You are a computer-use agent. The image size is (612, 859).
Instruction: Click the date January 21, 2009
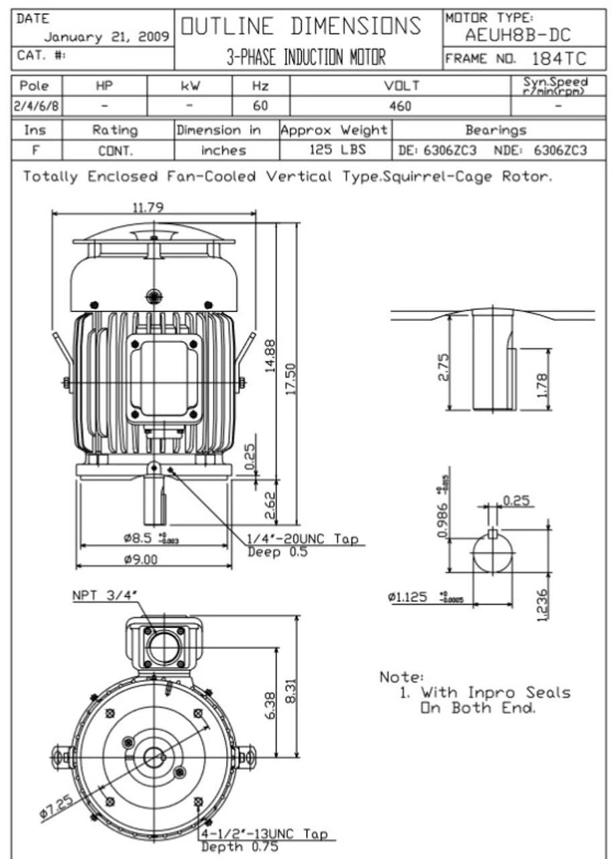pos(107,37)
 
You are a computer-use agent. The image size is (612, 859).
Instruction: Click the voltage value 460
pos(400,106)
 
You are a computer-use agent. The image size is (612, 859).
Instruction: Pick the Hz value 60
pos(260,106)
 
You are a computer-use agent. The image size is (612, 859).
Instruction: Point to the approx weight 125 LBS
pos(335,150)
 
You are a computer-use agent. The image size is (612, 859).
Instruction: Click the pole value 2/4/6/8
pos(38,106)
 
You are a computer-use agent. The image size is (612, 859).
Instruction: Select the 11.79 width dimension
pos(147,207)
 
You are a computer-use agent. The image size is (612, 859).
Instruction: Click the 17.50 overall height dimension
pos(291,379)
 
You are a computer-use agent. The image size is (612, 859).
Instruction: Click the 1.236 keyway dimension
pos(543,605)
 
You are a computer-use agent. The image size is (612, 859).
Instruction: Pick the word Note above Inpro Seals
pos(401,676)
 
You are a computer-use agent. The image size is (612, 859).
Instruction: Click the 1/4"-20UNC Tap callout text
pos(303,539)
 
